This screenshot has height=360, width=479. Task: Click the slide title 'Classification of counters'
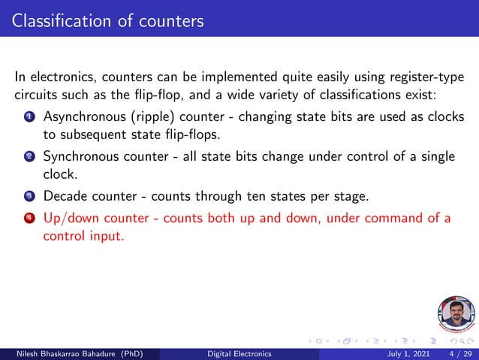(x=108, y=20)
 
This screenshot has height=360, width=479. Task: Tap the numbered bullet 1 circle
(x=29, y=118)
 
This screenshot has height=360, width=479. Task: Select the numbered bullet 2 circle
(x=29, y=157)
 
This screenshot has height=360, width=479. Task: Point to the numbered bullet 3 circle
(x=29, y=197)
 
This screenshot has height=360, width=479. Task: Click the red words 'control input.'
(x=83, y=235)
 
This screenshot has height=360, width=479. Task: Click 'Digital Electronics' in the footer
(x=239, y=353)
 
